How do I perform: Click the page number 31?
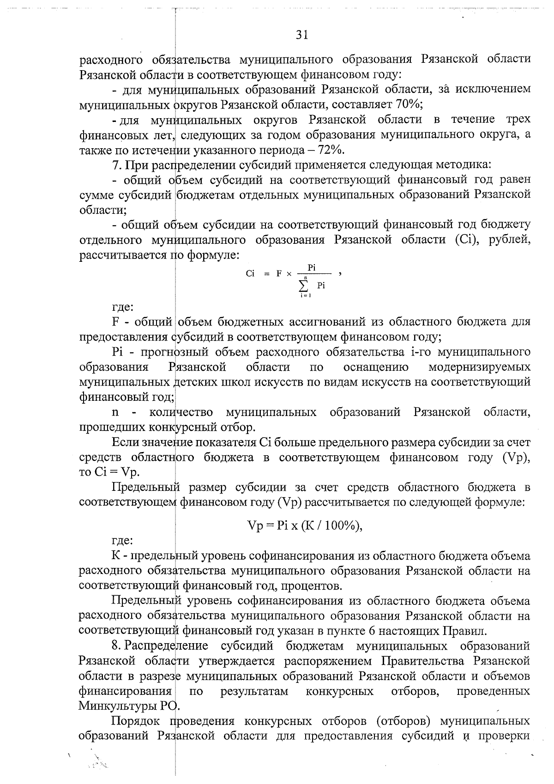click(x=301, y=35)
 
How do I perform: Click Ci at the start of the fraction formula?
click(x=250, y=273)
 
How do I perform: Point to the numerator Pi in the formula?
click(x=312, y=268)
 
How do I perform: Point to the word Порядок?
click(x=134, y=721)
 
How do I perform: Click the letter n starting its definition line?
click(x=115, y=412)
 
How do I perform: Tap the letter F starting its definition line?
click(x=115, y=321)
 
